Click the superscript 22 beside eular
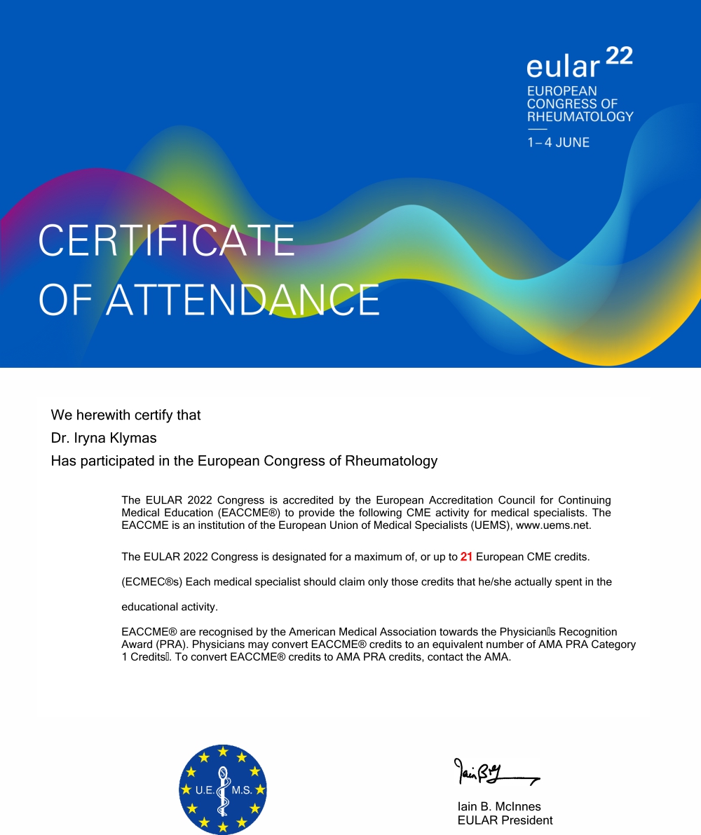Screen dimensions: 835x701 point(618,56)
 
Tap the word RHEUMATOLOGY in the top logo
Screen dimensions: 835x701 point(580,116)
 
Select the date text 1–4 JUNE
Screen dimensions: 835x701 point(558,142)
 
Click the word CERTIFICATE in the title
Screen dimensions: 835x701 point(166,240)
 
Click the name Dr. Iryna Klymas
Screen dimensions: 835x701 point(104,438)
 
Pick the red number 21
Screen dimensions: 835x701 point(466,557)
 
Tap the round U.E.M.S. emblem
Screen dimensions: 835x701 point(223,789)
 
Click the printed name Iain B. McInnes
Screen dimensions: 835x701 point(498,806)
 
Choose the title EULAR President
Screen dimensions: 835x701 point(505,820)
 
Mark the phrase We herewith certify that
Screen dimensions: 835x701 point(125,415)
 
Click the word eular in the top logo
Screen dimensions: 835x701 point(563,67)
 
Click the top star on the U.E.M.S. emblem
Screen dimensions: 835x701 point(223,752)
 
